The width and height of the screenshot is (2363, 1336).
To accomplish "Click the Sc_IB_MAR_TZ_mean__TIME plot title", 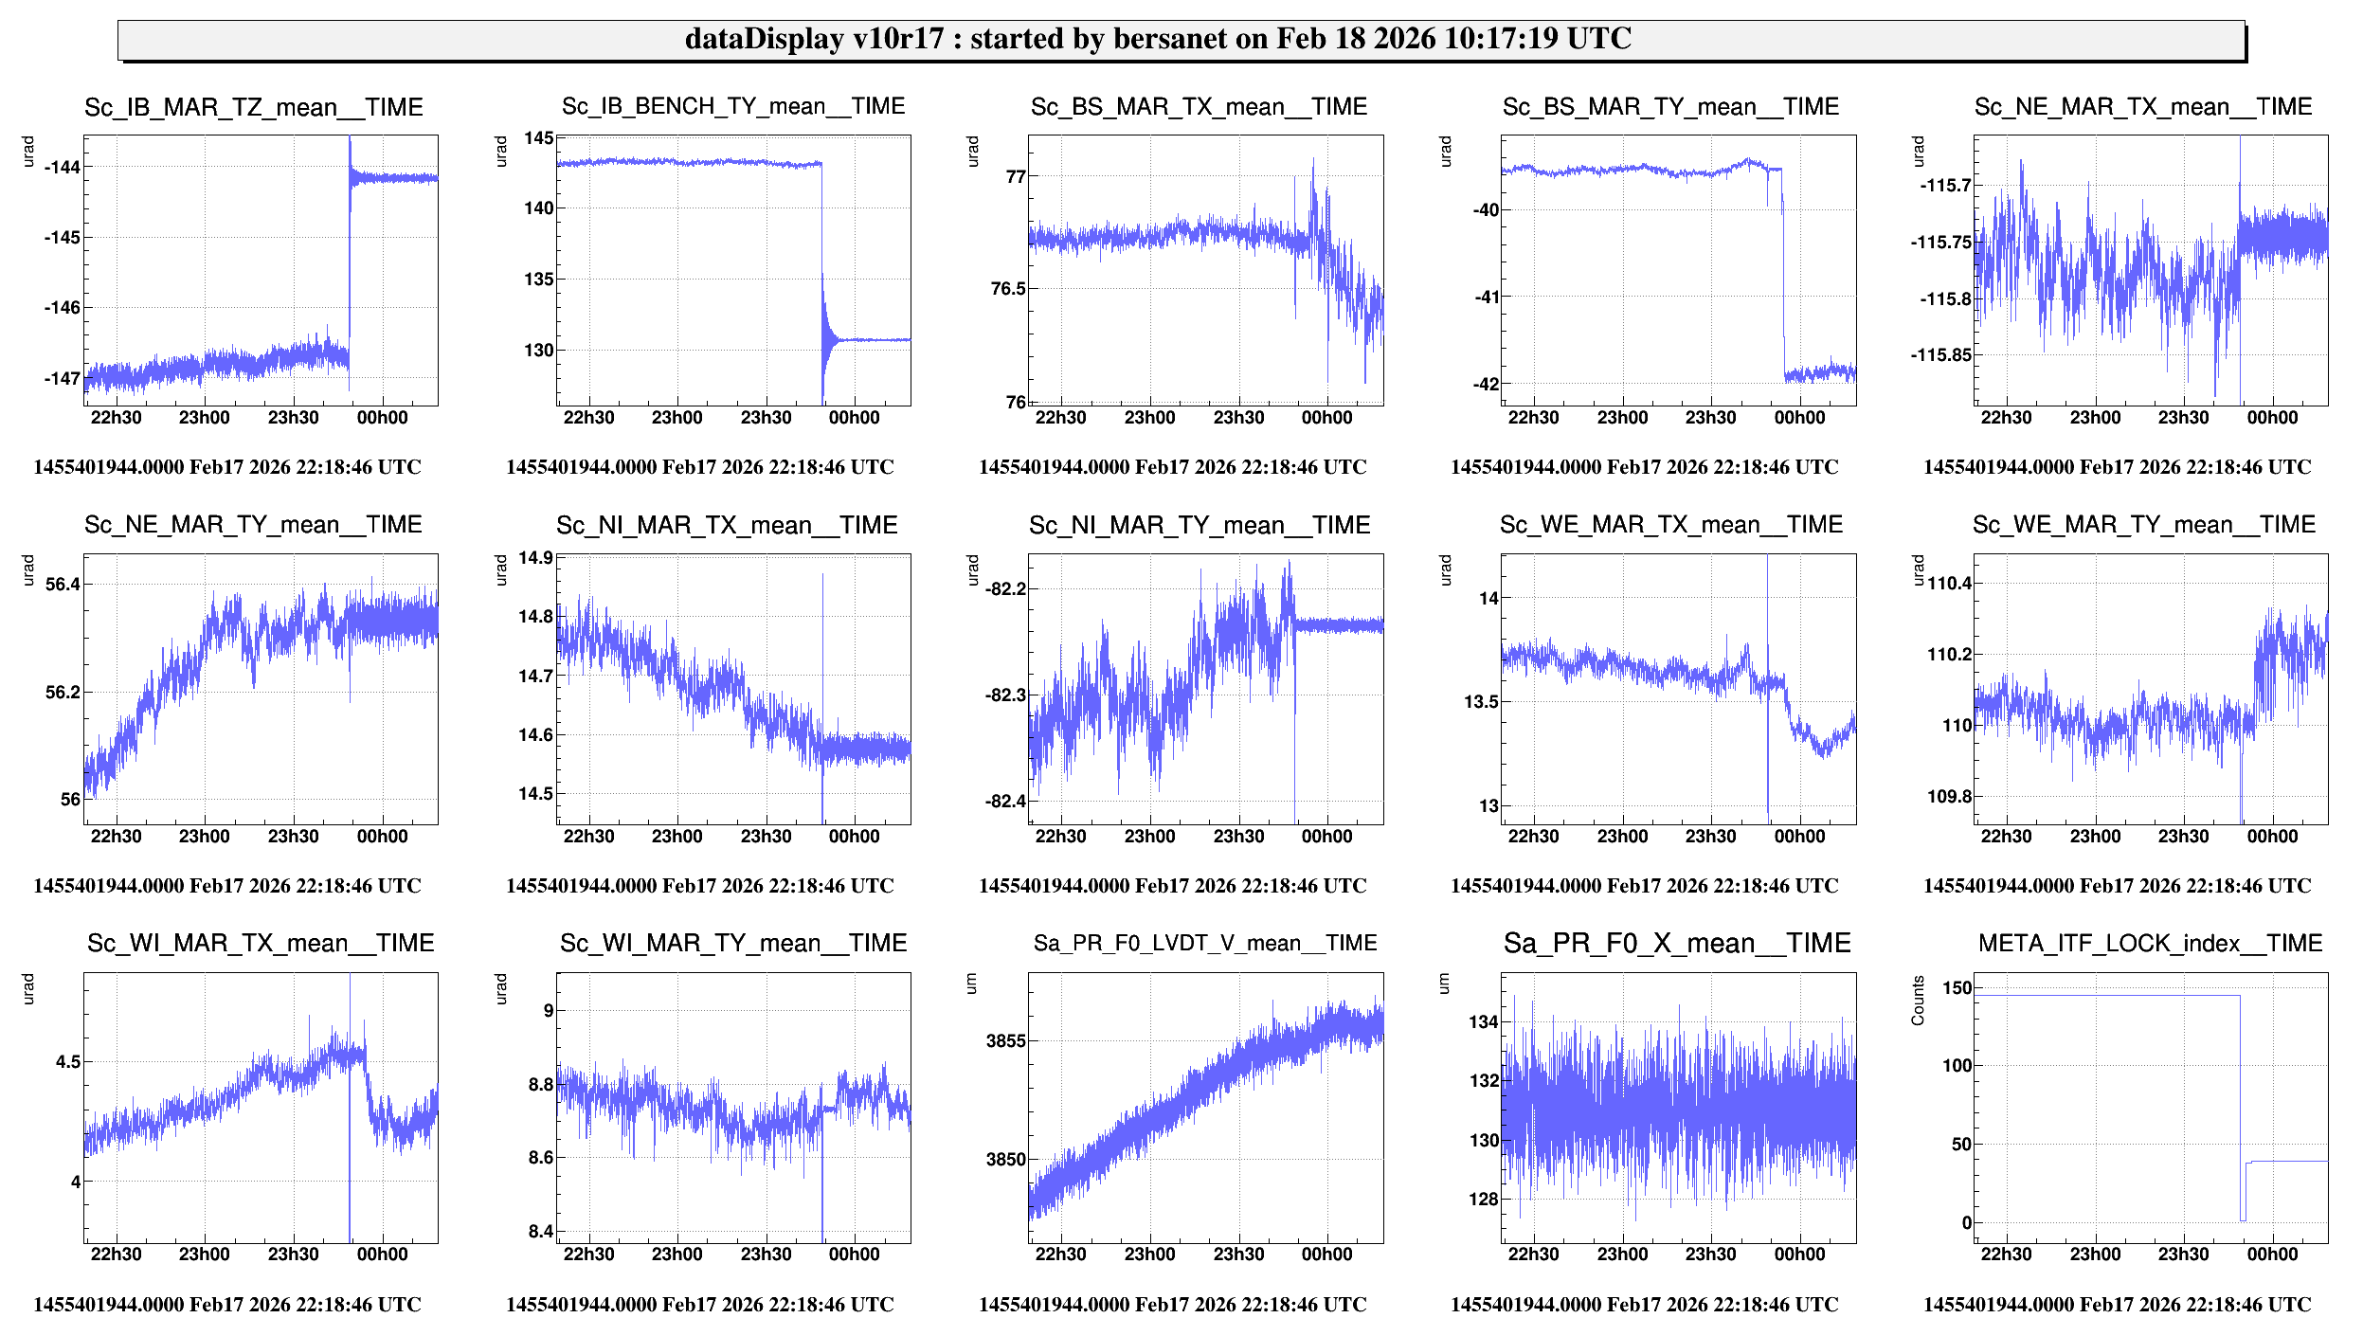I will (253, 107).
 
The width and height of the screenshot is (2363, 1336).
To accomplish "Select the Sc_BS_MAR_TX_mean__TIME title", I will (1199, 106).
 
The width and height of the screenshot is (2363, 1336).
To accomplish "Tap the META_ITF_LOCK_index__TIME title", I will (2150, 943).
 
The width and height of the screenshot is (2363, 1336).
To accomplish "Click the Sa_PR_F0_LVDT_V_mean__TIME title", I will (1204, 943).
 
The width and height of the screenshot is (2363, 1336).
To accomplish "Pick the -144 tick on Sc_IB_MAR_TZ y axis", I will (63, 167).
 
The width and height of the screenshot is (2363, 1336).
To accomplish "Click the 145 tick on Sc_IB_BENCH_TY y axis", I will (539, 138).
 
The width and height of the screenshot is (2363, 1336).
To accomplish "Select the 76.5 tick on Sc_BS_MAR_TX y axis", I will (1008, 288).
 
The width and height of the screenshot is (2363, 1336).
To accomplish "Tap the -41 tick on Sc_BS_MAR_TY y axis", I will (1486, 297).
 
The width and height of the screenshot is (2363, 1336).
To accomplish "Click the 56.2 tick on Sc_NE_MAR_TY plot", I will (63, 692).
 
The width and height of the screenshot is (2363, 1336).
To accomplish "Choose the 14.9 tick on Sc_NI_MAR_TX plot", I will (535, 557).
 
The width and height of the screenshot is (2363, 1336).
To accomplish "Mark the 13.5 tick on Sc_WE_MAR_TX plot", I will (1482, 701).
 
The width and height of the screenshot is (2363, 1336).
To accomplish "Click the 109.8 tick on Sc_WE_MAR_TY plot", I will (1949, 796).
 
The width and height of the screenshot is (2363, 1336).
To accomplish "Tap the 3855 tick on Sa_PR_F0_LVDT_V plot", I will (1006, 1040).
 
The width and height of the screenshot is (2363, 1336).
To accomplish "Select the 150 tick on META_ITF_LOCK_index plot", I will (1957, 987).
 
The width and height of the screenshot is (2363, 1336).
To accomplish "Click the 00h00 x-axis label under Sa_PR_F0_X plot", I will (1798, 1254).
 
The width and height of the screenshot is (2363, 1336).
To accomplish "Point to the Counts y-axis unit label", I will (1918, 1000).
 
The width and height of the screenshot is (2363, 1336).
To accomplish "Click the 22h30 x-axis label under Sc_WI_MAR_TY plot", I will (588, 1254).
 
